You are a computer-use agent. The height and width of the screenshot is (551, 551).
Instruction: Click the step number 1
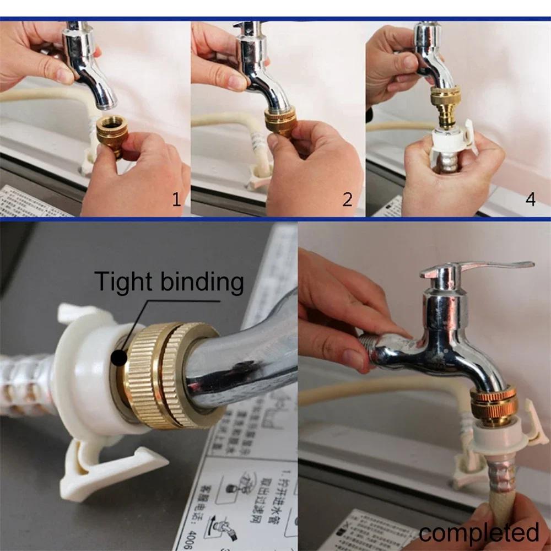[176, 199]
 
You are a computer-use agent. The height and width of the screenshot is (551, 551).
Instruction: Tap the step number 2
[347, 199]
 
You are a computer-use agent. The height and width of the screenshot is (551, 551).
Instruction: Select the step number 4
[530, 199]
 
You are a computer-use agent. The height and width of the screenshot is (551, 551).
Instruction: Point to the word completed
[478, 533]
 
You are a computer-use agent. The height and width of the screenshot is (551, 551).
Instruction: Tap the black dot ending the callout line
[118, 358]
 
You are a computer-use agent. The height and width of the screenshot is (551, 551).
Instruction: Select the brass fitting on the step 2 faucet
[281, 122]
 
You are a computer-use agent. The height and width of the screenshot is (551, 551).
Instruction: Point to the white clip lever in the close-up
[110, 463]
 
